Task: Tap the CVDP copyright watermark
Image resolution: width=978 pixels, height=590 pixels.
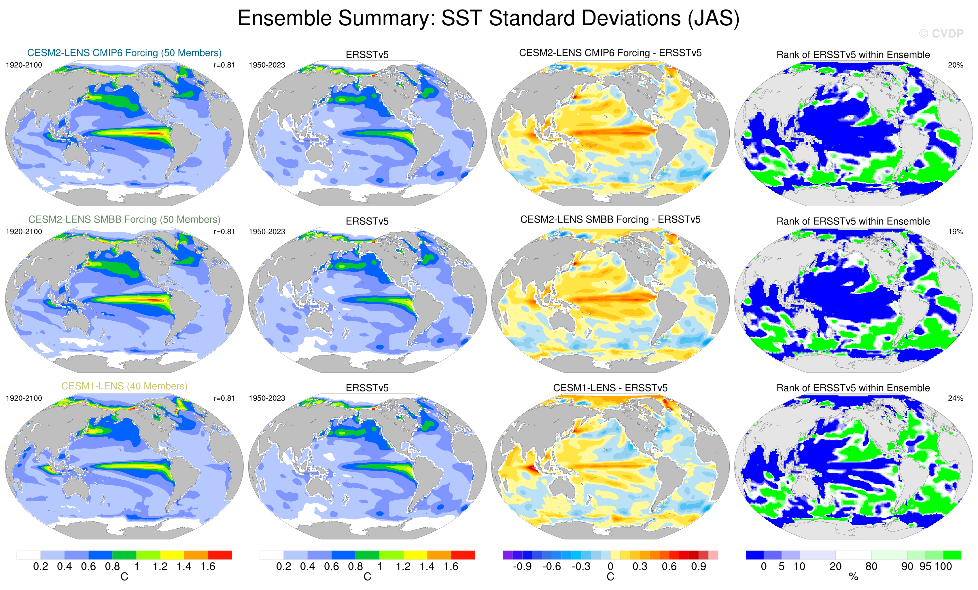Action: point(941,34)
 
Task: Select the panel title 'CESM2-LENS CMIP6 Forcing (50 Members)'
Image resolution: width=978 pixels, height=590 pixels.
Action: point(124,53)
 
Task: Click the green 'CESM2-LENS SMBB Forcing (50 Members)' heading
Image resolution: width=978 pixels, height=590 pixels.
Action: point(124,219)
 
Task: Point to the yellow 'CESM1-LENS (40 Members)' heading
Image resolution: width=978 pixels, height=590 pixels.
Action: point(124,386)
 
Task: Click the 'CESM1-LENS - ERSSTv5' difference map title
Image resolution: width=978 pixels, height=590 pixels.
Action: point(610,387)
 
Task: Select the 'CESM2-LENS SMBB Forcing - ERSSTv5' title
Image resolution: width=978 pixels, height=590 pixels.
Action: point(610,219)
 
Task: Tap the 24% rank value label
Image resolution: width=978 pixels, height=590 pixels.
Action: point(955,398)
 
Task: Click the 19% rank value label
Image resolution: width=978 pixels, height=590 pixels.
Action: point(955,231)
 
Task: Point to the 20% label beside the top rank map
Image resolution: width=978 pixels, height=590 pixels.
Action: point(955,65)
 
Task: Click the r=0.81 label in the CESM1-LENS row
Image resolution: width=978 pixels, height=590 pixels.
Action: point(224,398)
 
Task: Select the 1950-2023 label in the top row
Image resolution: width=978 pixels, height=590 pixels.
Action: point(267,65)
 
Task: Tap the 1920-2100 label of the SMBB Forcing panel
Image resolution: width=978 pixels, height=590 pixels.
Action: point(24,231)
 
